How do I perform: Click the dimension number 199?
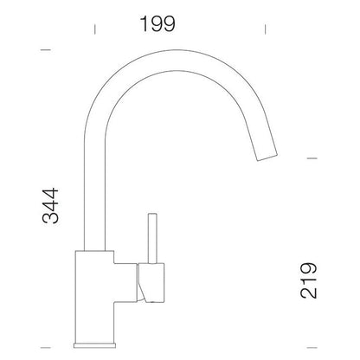(x=157, y=23)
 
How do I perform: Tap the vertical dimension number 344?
(x=50, y=206)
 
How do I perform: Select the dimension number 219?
(x=309, y=280)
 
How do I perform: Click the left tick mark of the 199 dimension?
(x=95, y=29)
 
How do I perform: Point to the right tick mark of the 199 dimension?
(x=265, y=29)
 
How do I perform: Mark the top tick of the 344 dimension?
(x=46, y=50)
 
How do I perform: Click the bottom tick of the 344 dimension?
(x=46, y=347)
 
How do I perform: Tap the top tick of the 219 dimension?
(x=312, y=158)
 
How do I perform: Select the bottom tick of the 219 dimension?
(x=312, y=347)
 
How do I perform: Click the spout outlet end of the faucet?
(x=267, y=157)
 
